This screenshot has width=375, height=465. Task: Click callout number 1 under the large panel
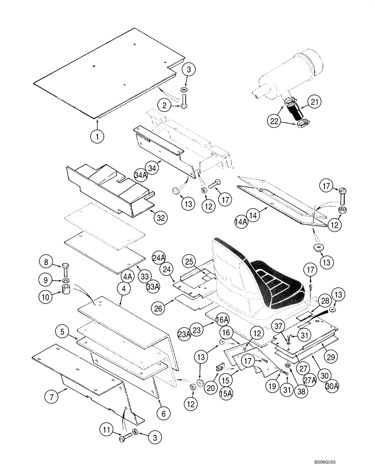[x=98, y=137]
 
